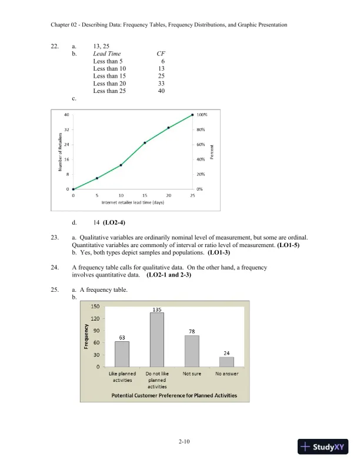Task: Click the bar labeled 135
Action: point(156,339)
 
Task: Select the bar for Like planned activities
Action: point(122,354)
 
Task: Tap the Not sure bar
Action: point(192,351)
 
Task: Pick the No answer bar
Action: point(226,361)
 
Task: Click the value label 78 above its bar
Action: point(192,331)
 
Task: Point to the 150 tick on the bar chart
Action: point(94,305)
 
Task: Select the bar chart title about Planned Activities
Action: point(175,395)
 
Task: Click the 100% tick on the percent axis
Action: point(201,115)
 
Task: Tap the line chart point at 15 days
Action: point(145,142)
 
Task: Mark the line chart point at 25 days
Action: point(192,115)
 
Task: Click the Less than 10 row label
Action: point(109,68)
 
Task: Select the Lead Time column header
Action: point(107,54)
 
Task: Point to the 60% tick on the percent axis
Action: point(201,144)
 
